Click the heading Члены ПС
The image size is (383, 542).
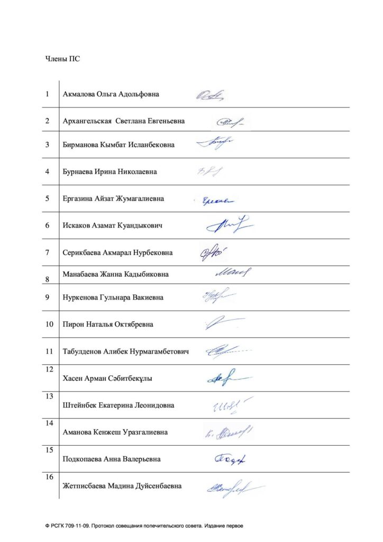[62, 59]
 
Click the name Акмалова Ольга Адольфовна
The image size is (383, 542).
[111, 94]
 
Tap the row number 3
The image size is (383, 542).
[48, 144]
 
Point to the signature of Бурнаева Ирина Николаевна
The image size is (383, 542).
[210, 171]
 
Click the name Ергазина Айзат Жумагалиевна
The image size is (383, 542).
[113, 198]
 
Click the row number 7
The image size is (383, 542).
[48, 252]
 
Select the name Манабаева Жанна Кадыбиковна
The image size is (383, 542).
[115, 274]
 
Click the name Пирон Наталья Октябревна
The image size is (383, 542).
[107, 324]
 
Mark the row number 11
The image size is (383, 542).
[50, 351]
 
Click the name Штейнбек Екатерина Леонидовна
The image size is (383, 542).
[118, 405]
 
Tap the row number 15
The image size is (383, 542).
[50, 450]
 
